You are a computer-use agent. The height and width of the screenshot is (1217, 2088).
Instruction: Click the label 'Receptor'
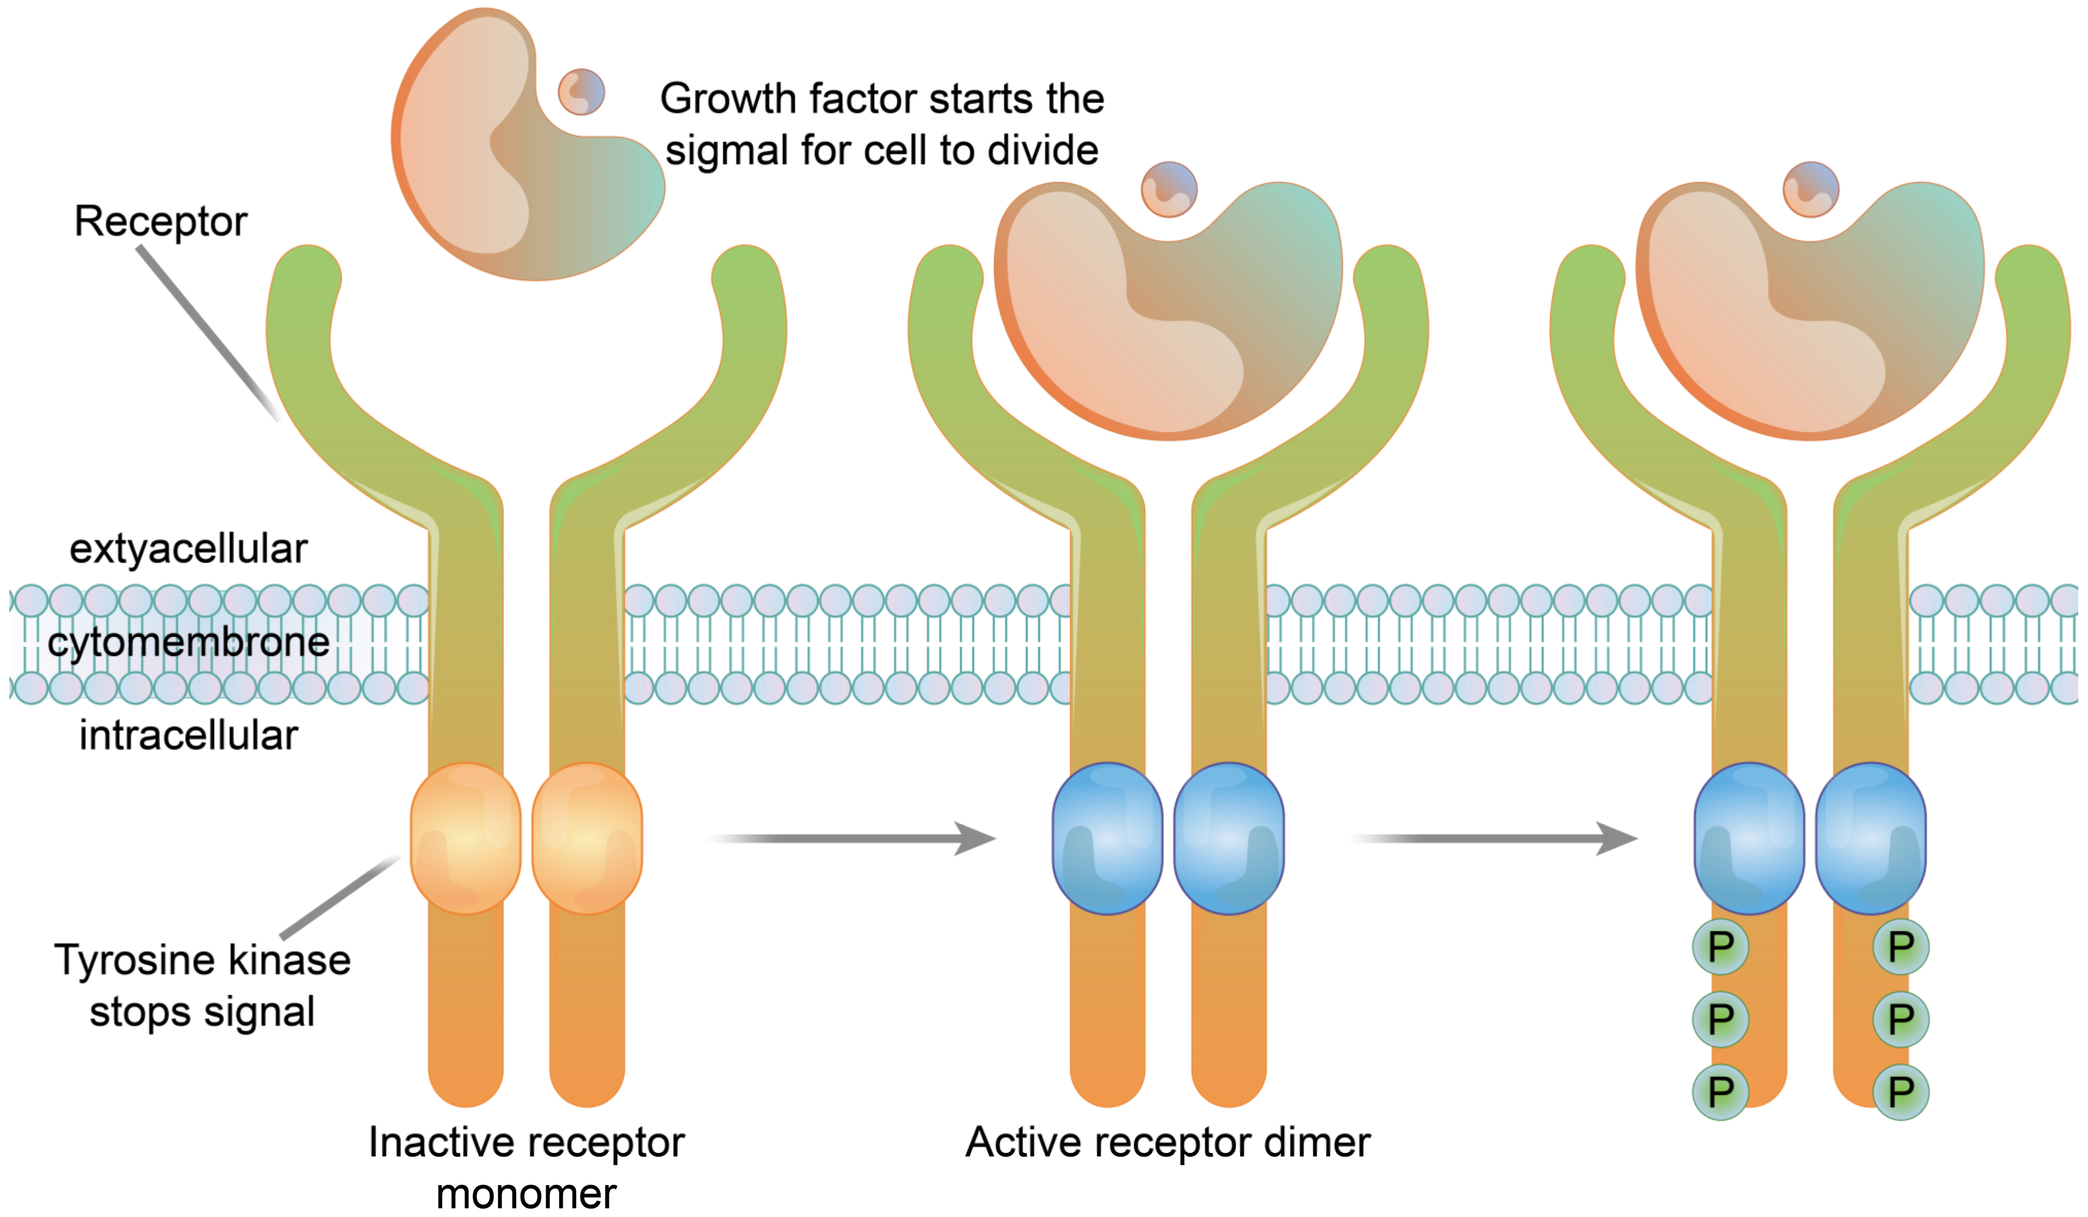point(161,221)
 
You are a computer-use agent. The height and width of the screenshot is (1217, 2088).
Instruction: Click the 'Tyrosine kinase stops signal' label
point(202,986)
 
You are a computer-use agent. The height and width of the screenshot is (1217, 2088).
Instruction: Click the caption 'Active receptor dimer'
point(1168,1142)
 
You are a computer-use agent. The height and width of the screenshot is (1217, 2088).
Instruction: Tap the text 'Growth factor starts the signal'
point(882,124)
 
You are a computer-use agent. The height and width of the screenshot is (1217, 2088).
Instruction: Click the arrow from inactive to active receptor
point(854,839)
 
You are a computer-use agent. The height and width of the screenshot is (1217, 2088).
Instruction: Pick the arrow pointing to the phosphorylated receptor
point(1495,839)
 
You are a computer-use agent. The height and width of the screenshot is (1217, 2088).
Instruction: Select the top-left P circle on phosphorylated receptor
point(1721,947)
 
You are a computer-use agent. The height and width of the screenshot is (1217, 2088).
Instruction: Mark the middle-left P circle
point(1721,1019)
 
